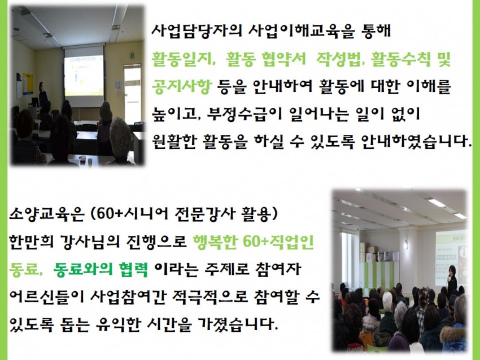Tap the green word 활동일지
[182, 59]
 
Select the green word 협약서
[284, 59]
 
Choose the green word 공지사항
[182, 86]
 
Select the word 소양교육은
[46, 214]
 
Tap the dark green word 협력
[133, 269]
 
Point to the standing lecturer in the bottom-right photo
[452, 282]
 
